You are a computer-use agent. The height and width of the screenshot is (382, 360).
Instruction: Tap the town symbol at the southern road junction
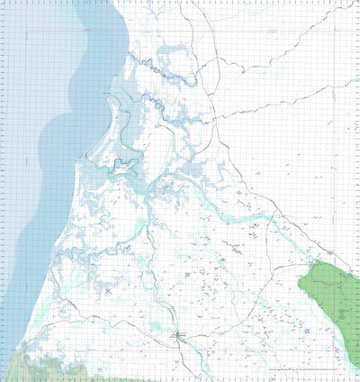(x=179, y=336)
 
